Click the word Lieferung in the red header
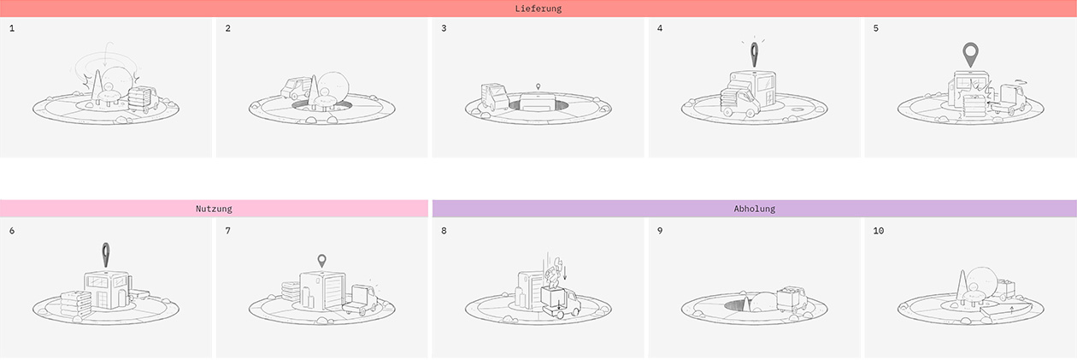click(x=538, y=9)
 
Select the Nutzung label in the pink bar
click(x=214, y=209)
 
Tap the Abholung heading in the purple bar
click(x=755, y=209)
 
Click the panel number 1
click(x=12, y=28)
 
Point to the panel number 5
click(x=876, y=28)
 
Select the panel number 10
click(x=879, y=231)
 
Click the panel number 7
click(x=228, y=231)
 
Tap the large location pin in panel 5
click(x=971, y=54)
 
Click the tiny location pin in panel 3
click(x=538, y=86)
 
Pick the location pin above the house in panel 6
click(x=106, y=255)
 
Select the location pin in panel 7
click(x=321, y=261)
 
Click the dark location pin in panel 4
click(x=755, y=55)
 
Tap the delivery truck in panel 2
click(x=296, y=89)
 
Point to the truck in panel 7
click(x=360, y=300)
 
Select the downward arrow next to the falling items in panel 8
click(x=565, y=272)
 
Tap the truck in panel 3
click(x=495, y=97)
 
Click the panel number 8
click(x=444, y=231)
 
